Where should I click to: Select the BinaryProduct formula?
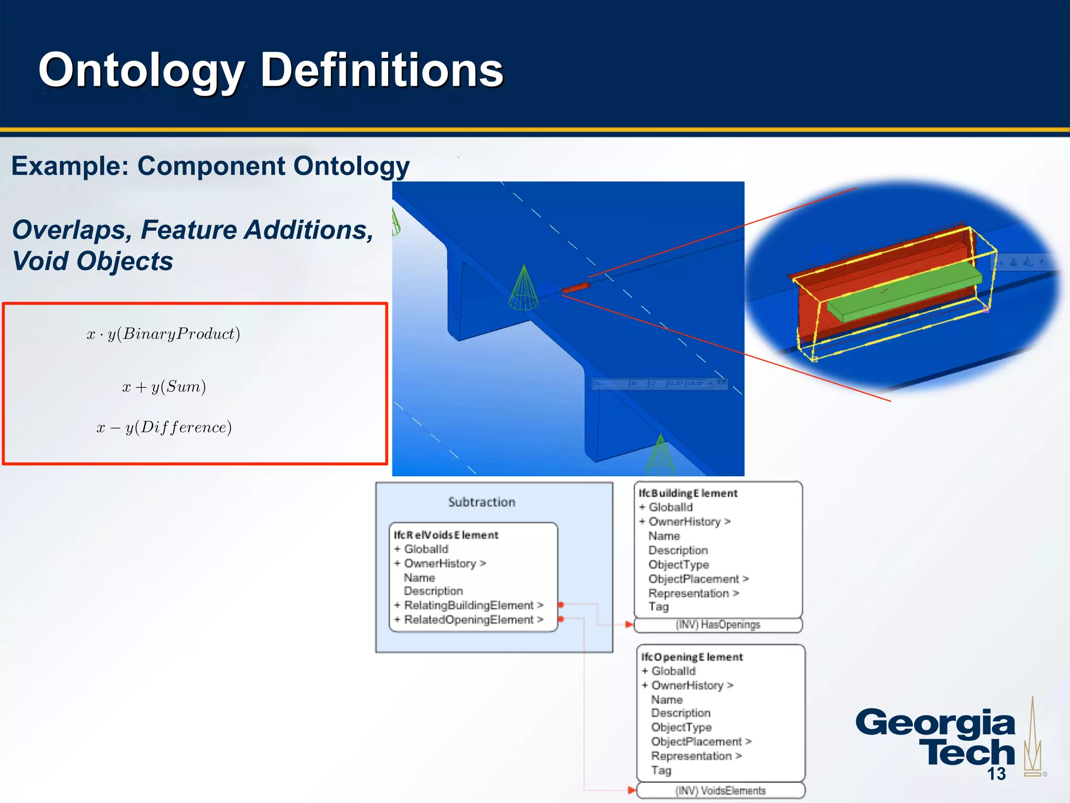tap(164, 334)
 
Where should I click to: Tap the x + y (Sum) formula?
tap(164, 387)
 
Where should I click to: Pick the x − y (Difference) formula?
tap(164, 428)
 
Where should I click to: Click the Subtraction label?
tap(481, 502)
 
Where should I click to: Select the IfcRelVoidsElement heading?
tap(446, 535)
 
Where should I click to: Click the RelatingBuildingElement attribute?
tap(469, 605)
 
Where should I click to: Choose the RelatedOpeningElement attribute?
tap(469, 620)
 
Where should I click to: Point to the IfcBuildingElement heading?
tap(688, 493)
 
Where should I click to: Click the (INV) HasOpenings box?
tap(717, 625)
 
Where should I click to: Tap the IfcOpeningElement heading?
tap(692, 657)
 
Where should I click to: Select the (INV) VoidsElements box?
tap(720, 790)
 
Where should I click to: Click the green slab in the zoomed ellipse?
tap(904, 290)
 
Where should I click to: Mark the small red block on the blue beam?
tap(575, 287)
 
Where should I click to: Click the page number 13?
tap(996, 774)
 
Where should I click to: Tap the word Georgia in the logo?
tap(935, 723)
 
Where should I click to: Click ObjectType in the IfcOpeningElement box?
tap(681, 727)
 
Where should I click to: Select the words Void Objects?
tap(92, 261)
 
